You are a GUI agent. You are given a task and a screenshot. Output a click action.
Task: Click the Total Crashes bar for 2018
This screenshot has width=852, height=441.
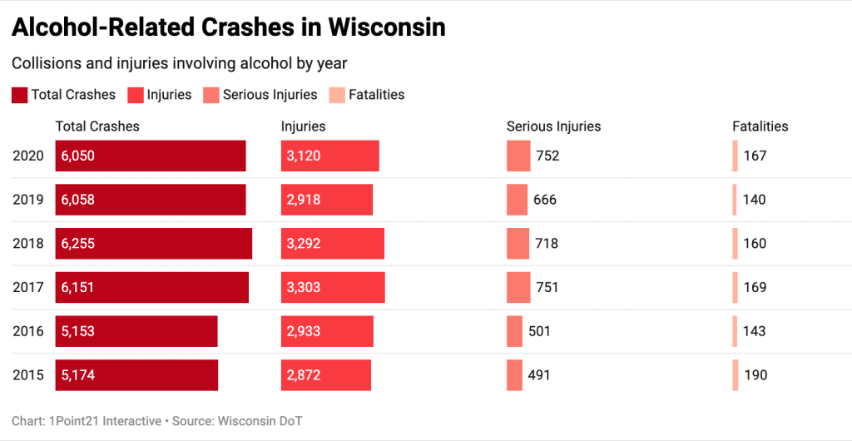[x=153, y=244]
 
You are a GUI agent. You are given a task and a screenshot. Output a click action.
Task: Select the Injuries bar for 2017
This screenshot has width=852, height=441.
[x=333, y=287]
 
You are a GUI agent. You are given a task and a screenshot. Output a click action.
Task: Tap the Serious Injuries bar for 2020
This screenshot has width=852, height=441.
[x=518, y=156]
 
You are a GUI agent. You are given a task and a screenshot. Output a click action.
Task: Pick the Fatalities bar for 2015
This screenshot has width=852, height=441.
[x=735, y=375]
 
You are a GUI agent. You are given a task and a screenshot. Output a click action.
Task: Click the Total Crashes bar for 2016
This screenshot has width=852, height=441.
[x=136, y=331]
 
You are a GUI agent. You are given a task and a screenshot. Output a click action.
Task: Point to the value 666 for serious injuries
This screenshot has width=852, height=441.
[x=545, y=200]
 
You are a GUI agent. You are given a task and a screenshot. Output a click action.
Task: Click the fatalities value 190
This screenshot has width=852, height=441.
[x=755, y=375]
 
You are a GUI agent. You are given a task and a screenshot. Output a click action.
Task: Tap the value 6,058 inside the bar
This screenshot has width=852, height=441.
[x=78, y=200]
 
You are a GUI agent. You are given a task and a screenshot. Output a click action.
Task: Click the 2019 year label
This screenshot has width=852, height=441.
[x=28, y=200]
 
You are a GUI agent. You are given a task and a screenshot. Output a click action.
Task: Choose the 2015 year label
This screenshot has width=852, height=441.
[x=28, y=375]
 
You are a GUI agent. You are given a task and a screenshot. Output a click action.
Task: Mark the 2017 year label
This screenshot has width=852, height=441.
[x=28, y=287]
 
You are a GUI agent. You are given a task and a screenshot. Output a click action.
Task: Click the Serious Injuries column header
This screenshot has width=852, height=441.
[x=553, y=126]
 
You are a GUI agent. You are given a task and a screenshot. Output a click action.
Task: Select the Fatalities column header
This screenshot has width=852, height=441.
[x=760, y=126]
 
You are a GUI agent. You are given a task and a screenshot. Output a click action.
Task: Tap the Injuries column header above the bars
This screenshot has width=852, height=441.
[x=303, y=126]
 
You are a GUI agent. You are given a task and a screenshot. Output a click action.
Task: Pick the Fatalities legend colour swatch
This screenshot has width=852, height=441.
[x=337, y=95]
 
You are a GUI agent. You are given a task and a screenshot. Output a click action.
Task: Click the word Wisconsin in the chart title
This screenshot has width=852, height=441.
[x=387, y=27]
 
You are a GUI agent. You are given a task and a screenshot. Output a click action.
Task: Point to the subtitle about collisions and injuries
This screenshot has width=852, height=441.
[x=179, y=63]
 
